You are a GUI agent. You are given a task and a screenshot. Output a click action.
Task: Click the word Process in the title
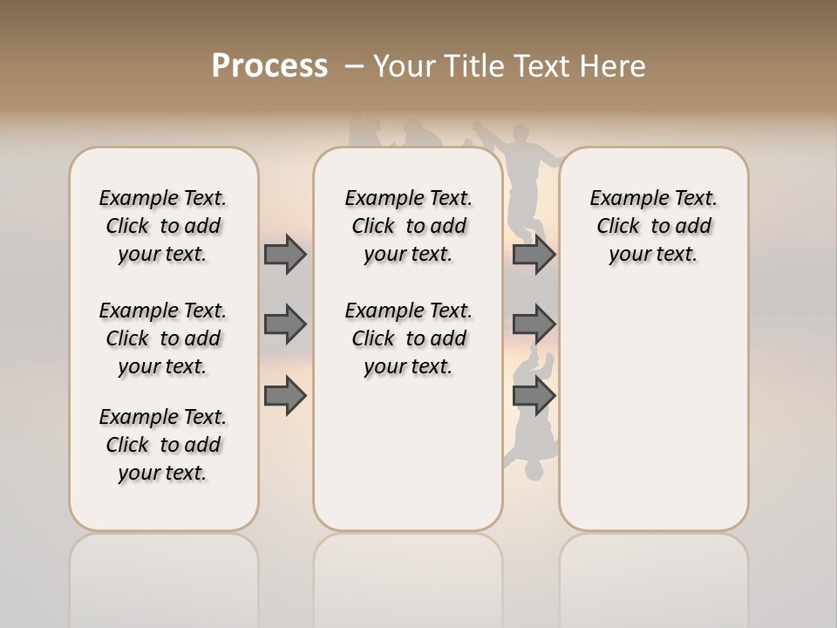coord(269,66)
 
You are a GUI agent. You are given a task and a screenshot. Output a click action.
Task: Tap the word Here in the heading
coord(612,66)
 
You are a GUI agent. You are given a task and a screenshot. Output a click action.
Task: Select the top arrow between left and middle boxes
coord(284,254)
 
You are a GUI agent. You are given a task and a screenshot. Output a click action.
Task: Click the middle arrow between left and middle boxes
coord(284,324)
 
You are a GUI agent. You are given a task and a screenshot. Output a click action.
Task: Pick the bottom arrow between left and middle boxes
coord(284,396)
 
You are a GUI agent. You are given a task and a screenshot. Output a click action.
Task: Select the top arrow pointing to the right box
coord(534,254)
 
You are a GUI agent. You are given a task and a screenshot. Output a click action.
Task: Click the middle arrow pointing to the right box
coord(534,324)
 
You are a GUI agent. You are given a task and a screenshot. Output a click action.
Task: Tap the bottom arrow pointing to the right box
coord(534,396)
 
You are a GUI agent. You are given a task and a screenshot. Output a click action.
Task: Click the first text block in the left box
coord(163,226)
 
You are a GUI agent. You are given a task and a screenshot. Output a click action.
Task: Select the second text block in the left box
coord(163,338)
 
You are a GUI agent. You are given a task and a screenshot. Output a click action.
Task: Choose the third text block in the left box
coord(163,445)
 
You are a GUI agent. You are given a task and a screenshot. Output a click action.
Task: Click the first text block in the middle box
coord(408,226)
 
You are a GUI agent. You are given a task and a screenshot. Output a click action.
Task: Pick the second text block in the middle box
coord(408,338)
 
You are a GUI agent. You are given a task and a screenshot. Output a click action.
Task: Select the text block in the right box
coord(653,226)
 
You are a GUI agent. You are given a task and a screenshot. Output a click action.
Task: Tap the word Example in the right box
coord(623,199)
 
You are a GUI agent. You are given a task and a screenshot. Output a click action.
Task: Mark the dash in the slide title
coord(354,66)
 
